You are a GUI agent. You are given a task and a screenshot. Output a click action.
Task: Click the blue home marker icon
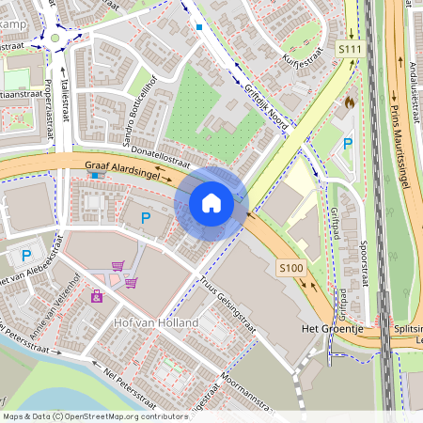(x=211, y=202)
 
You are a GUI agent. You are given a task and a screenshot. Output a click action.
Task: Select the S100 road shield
(x=290, y=269)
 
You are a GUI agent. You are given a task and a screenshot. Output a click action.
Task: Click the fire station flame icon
(x=351, y=101)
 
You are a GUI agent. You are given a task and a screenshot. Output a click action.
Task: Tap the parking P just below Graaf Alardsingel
(x=146, y=218)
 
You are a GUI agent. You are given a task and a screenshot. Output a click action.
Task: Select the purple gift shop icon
(x=97, y=297)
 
